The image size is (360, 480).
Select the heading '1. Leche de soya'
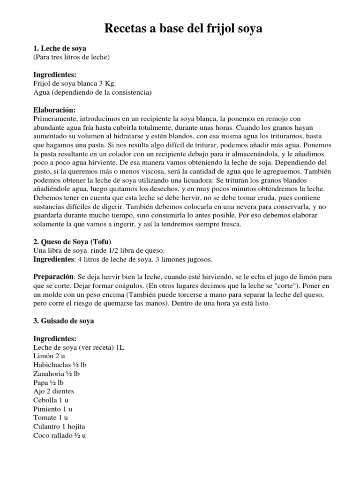60,48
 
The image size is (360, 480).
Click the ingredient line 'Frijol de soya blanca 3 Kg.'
75,83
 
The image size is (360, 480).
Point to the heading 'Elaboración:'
54,110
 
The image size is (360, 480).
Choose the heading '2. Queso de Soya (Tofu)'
72,242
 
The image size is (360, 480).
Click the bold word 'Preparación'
54,277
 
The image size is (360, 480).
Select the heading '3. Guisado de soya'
64,321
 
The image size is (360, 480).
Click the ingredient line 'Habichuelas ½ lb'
60,365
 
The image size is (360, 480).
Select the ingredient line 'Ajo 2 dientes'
53,391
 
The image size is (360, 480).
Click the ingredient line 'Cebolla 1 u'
51,400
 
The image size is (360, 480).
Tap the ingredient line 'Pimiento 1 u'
52,409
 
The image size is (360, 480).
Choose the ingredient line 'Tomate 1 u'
51,417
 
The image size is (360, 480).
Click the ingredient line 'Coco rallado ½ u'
60,435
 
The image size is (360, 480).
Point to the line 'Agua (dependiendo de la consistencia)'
92,92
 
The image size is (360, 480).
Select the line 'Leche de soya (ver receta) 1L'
79,347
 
